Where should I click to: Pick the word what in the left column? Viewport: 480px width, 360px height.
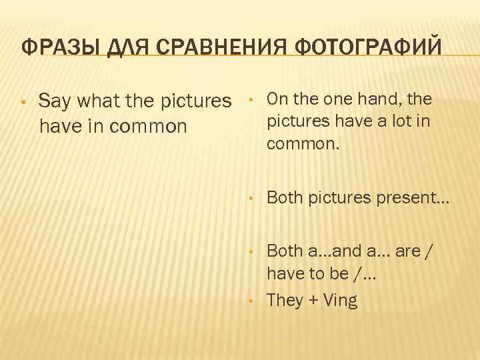point(100,103)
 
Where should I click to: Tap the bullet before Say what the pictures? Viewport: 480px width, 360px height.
point(23,103)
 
